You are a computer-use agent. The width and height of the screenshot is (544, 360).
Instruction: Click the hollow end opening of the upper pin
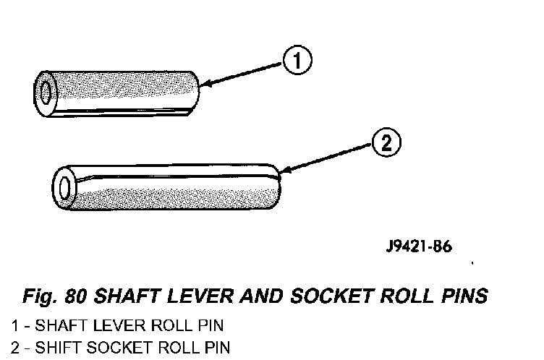46,92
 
